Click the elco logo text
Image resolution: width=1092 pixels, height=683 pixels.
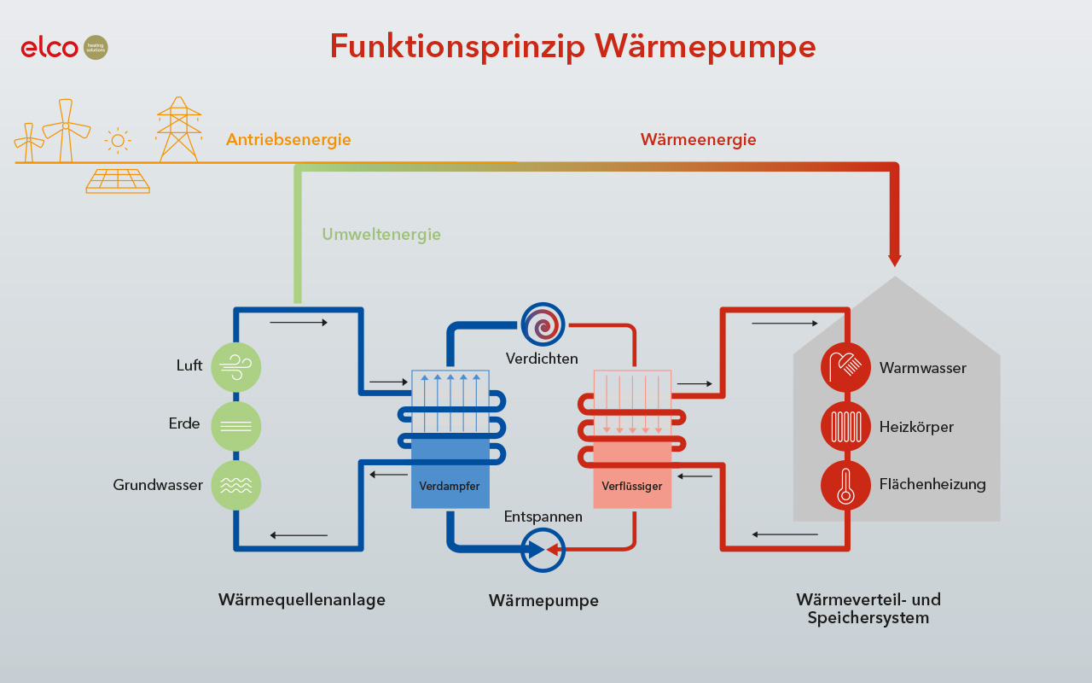[49, 48]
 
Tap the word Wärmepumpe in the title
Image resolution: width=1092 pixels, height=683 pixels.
[705, 46]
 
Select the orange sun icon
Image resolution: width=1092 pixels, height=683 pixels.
[118, 140]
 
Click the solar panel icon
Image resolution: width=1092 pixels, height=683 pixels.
[118, 180]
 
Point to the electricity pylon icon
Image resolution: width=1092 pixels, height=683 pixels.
[178, 129]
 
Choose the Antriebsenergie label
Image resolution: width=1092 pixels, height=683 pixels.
[288, 140]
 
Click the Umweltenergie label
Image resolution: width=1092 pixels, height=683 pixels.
[381, 234]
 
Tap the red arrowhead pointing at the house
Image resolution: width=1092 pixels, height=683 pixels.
[894, 260]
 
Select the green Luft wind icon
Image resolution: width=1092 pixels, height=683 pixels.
[235, 367]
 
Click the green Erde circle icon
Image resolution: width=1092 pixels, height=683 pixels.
[235, 426]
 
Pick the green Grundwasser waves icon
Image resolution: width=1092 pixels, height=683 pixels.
[235, 485]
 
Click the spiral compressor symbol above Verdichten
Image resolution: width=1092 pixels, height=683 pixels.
[543, 324]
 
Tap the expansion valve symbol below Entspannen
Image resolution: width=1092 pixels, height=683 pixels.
[543, 550]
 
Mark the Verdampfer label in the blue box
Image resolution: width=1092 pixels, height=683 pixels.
[450, 487]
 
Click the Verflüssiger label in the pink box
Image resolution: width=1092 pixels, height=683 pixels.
[632, 487]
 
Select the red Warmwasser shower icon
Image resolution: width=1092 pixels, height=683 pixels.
[845, 367]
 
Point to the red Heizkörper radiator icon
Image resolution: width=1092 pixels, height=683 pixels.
[845, 426]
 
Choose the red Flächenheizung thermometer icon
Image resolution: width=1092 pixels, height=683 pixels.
[845, 485]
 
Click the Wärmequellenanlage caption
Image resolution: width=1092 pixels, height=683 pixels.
[302, 600]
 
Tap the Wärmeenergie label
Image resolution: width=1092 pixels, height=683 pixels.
[698, 140]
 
